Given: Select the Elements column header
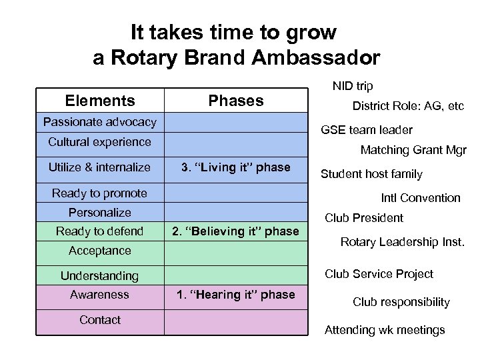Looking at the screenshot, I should coord(100,101).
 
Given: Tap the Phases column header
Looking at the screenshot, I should coord(236,101).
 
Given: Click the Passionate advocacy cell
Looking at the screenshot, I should coord(100,121).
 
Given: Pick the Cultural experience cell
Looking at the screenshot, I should coord(100,141).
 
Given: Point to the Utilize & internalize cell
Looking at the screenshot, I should coord(100,167).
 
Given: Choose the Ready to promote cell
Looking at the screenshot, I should coord(100,193).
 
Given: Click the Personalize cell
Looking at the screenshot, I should coord(100,213).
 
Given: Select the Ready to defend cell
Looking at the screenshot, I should coord(100,231).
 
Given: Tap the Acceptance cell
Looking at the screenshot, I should coord(100,251).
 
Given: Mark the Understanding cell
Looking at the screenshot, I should coord(100,275).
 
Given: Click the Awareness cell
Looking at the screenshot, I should coord(100,294).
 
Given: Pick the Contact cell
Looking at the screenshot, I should coord(100,320).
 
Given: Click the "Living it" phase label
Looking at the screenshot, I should coord(236,167).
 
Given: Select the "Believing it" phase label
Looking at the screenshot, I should coord(236,231).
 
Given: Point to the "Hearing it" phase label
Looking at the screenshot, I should coord(236,294).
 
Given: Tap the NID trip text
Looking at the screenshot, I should coord(353,86).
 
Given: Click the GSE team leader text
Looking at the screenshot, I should coord(367,130).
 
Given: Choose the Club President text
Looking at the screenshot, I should coord(364,218).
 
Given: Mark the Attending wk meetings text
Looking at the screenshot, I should coord(385,330).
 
